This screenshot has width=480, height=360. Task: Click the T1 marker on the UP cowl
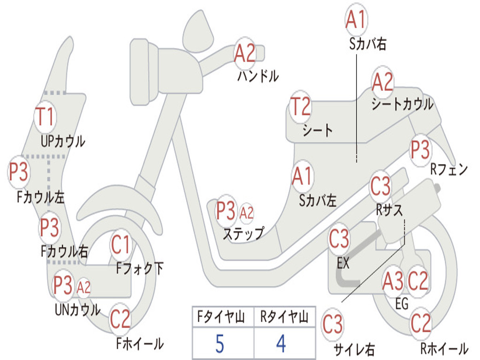45,117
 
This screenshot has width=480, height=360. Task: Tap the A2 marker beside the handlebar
245,53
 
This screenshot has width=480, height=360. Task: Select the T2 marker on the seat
300,107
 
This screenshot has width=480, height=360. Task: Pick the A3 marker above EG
393,282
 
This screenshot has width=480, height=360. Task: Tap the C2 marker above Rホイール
420,323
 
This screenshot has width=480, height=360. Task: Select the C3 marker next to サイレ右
333,324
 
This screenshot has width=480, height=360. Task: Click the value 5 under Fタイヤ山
219,344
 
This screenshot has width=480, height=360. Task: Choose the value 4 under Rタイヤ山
281,344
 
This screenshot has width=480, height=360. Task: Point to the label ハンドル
258,75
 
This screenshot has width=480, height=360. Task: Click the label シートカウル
402,105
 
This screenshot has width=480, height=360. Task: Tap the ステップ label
243,233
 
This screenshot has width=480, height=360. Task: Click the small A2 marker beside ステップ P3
247,213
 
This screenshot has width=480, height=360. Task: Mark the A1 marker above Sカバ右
356,19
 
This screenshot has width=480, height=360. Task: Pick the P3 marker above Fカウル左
19,172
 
